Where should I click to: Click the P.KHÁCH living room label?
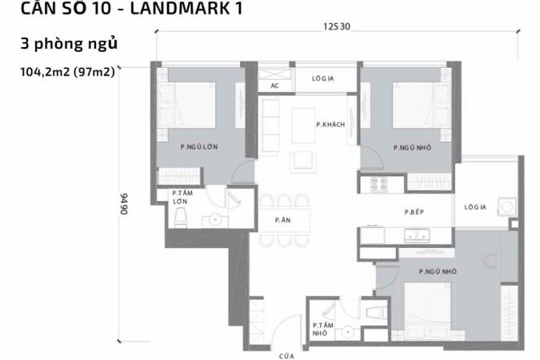pos(330,124)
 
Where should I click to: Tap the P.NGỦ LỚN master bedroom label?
pos(199,146)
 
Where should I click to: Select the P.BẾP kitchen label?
pos(414,212)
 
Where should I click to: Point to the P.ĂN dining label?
pos(282,220)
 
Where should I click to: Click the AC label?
pos(274,86)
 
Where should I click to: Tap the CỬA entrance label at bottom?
pos(286,356)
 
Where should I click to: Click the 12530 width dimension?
pos(337,26)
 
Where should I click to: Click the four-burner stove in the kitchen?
pos(379,184)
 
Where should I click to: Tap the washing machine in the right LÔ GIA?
pos(507,206)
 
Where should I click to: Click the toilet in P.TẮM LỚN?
pos(181,218)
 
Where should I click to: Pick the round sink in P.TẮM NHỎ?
pos(347,332)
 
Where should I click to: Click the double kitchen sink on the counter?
pos(417,235)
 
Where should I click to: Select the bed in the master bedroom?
pos(186,105)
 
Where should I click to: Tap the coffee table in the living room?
pos(303,125)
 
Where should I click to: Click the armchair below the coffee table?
pos(303,162)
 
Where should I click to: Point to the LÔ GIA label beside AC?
pos(322,78)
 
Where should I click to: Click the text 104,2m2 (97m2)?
pos(67,72)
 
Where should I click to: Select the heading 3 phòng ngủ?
pos(70,44)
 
